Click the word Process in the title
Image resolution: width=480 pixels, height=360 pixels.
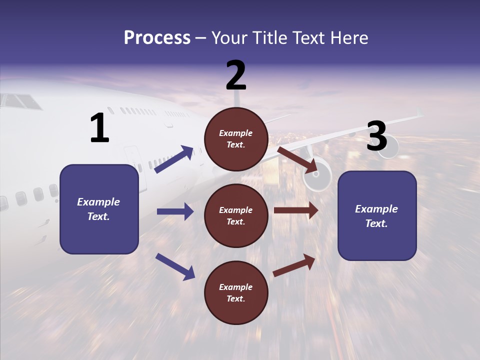point(157,38)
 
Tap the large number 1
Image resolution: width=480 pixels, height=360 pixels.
point(99,128)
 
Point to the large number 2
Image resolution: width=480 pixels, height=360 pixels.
point(236,75)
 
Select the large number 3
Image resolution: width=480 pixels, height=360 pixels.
point(376,136)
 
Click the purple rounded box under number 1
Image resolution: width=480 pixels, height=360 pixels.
point(99,209)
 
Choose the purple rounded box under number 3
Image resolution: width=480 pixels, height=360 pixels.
point(377,216)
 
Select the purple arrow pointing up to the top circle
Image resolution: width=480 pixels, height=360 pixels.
point(174,159)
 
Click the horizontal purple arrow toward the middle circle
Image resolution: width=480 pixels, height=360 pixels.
point(175,211)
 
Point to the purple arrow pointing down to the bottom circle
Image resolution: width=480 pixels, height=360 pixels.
point(175,266)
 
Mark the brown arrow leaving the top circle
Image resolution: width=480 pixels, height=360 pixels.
point(298,160)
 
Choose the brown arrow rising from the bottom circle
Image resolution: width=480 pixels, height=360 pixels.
point(294,265)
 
